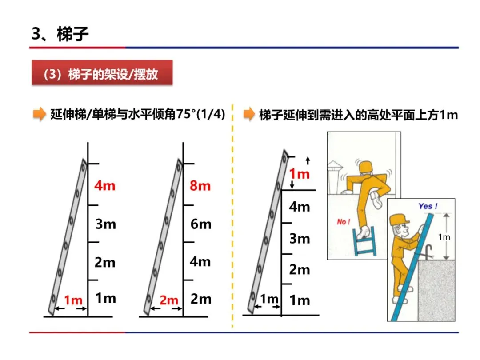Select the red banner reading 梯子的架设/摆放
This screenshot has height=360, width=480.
101,74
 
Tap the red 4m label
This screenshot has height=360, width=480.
105,185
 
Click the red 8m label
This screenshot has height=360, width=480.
200,185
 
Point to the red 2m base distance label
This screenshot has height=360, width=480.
168,300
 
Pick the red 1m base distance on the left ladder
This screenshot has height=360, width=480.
73,300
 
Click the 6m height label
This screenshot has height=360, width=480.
201,224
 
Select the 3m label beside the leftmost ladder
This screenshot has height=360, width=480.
105,224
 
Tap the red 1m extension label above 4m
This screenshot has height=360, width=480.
299,174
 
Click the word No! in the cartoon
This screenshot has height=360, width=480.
344,221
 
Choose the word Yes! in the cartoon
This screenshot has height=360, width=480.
428,206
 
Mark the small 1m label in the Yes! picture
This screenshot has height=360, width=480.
444,237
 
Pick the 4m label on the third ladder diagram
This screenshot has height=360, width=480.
300,207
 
